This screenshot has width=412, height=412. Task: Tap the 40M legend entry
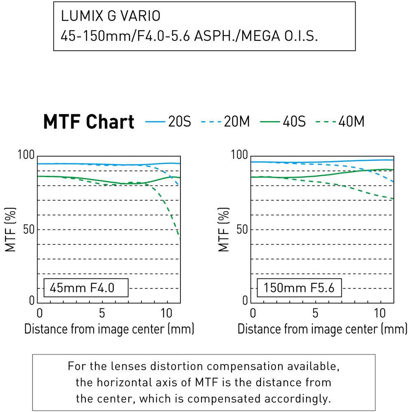(x=340, y=122)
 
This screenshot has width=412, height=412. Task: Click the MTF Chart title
(x=89, y=122)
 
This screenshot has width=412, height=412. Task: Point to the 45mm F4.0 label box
(x=86, y=288)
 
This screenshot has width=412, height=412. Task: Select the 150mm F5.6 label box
(x=300, y=288)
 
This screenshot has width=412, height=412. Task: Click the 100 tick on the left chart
(x=26, y=156)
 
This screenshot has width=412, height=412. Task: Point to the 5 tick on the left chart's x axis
(x=102, y=313)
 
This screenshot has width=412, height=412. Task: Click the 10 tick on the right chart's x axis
(x=380, y=313)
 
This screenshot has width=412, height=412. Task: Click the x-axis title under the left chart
(x=109, y=329)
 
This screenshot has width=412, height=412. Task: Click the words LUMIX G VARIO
(x=110, y=16)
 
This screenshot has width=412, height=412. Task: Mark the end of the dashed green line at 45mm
(x=180, y=238)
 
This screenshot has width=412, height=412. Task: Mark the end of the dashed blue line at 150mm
(x=393, y=181)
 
